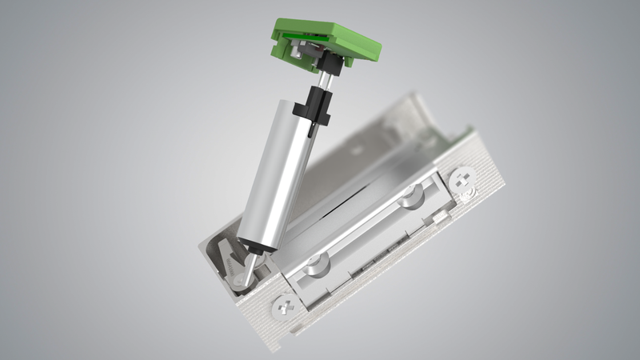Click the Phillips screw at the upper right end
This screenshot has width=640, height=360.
[462, 179]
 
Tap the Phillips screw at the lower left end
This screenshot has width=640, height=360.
[283, 306]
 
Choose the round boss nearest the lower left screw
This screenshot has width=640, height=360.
[315, 263]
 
